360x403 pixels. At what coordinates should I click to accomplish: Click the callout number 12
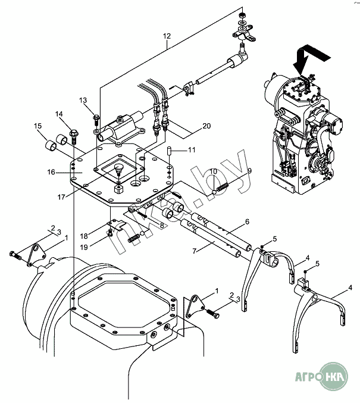(x=167, y=37)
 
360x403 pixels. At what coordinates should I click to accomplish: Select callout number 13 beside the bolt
(x=83, y=100)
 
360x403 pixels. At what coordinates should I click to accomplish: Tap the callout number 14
(x=60, y=114)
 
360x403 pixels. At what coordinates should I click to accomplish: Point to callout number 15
(x=37, y=126)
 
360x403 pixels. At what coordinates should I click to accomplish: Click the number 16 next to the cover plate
(x=51, y=172)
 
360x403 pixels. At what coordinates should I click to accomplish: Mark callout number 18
(x=84, y=236)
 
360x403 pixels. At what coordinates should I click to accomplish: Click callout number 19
(x=84, y=246)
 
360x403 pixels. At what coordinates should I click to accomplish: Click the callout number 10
(x=213, y=172)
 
